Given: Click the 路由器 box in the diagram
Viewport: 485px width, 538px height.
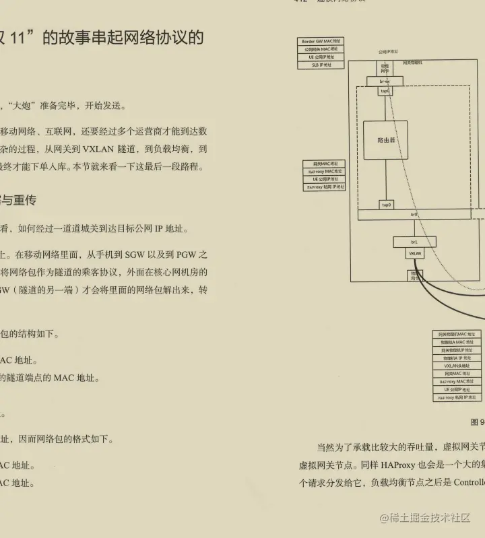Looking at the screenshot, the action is [x=385, y=140].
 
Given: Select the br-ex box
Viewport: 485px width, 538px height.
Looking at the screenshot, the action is [x=385, y=81].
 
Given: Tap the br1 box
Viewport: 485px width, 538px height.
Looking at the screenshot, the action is [x=414, y=241].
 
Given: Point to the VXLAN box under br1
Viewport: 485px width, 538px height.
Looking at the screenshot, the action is [x=414, y=253].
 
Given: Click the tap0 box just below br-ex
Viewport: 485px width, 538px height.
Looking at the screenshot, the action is [x=385, y=91].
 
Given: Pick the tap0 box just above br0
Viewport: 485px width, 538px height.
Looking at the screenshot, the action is [x=386, y=204].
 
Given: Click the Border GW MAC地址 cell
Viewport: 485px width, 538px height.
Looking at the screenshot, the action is [x=321, y=42].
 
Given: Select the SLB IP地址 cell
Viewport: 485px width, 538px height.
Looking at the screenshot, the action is [x=321, y=65].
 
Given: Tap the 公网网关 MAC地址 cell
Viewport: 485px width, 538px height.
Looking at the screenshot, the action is [x=321, y=49].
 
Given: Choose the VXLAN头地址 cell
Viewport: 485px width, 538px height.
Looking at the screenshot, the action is [x=457, y=366].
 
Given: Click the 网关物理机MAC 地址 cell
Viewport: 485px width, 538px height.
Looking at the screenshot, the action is [x=457, y=334].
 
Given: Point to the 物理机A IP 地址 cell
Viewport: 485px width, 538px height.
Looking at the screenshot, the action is [x=457, y=358].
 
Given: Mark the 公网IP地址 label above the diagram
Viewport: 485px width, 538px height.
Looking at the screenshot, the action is [x=387, y=52].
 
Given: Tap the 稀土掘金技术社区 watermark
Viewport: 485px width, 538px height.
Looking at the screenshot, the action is [x=424, y=517].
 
